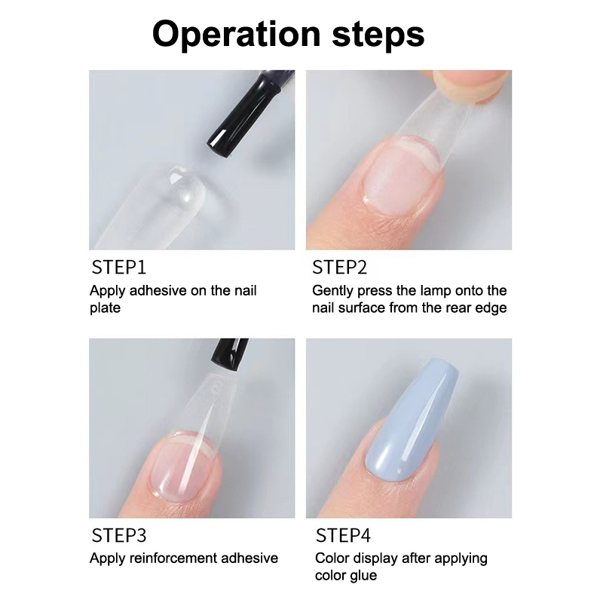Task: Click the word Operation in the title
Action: (236, 35)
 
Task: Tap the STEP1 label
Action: (119, 268)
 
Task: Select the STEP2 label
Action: (340, 268)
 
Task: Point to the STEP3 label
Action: (119, 535)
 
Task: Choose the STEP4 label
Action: (343, 535)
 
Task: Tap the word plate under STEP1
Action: (105, 308)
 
